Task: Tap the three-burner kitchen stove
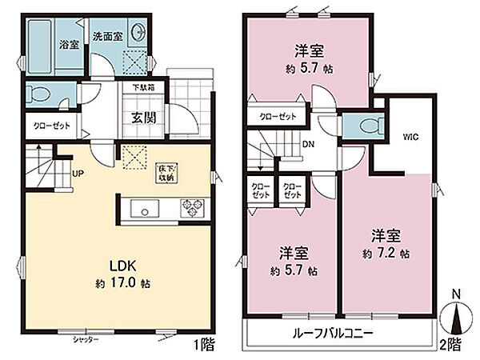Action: (x=193, y=210)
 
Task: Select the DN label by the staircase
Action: (x=307, y=145)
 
